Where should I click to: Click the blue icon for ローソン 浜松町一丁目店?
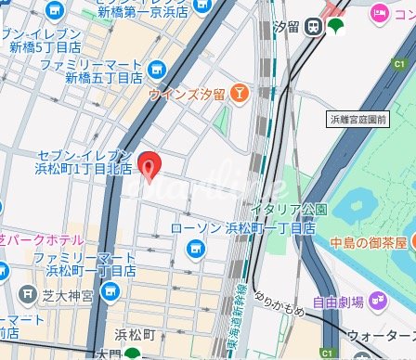pos(195,247)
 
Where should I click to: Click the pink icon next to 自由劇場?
pos(379,298)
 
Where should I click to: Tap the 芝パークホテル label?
pos(29,238)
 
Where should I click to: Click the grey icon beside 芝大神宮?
pos(28,295)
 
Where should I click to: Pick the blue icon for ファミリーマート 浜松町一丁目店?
pos(111,293)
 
